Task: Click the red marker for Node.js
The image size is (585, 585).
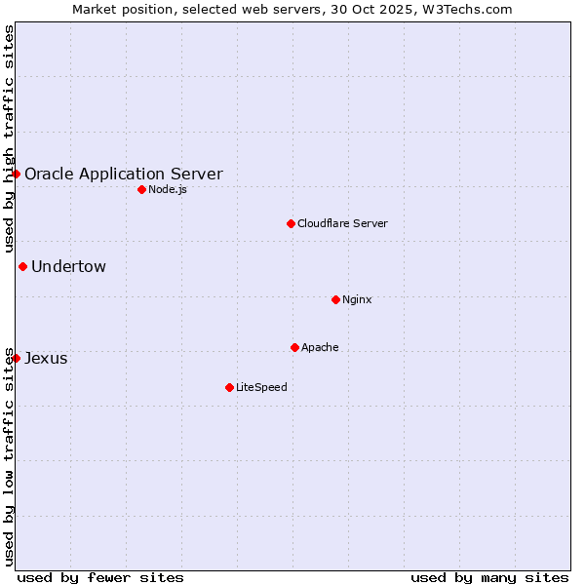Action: coord(141,189)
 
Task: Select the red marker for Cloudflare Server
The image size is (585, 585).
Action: coord(291,223)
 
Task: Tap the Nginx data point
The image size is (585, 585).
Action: coord(335,299)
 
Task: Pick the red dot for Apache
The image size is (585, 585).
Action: coord(294,347)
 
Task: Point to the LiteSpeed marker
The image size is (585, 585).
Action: coord(229,387)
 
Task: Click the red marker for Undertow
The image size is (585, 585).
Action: coord(22,266)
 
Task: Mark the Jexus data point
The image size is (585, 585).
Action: coord(16,358)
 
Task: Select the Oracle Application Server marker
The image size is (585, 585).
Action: coord(16,174)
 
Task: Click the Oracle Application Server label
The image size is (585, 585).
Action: coord(123,175)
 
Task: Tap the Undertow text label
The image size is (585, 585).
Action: coord(68,267)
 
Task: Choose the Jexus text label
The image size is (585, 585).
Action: coord(46,359)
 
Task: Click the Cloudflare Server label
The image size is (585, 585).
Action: coord(342,224)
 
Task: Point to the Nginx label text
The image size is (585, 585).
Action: coord(357,300)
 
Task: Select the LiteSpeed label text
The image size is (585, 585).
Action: coord(261,388)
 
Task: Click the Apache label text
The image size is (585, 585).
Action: coord(320,348)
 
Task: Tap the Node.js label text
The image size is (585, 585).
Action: coord(168,190)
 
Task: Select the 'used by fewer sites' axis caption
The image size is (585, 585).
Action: coord(100,577)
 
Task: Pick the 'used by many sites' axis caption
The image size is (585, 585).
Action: coord(489,577)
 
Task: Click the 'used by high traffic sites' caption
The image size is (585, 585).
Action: coord(9,139)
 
